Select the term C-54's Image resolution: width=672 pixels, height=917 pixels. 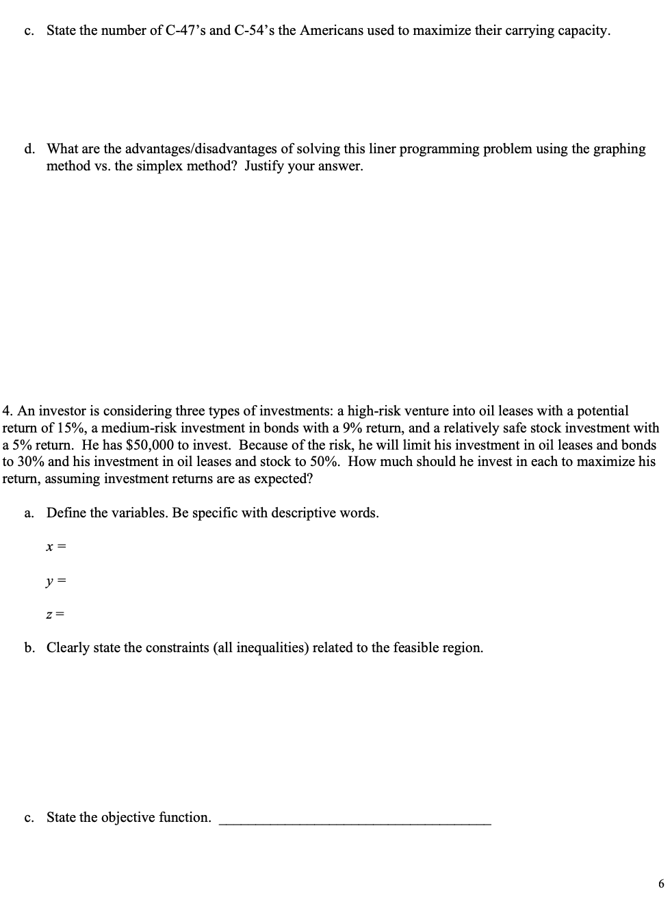coord(253,31)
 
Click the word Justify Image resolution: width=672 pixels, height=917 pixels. coord(268,166)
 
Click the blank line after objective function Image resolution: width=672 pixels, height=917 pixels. coord(354,821)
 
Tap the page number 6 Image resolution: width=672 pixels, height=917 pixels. coord(660,884)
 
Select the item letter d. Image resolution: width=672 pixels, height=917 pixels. coord(29,149)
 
